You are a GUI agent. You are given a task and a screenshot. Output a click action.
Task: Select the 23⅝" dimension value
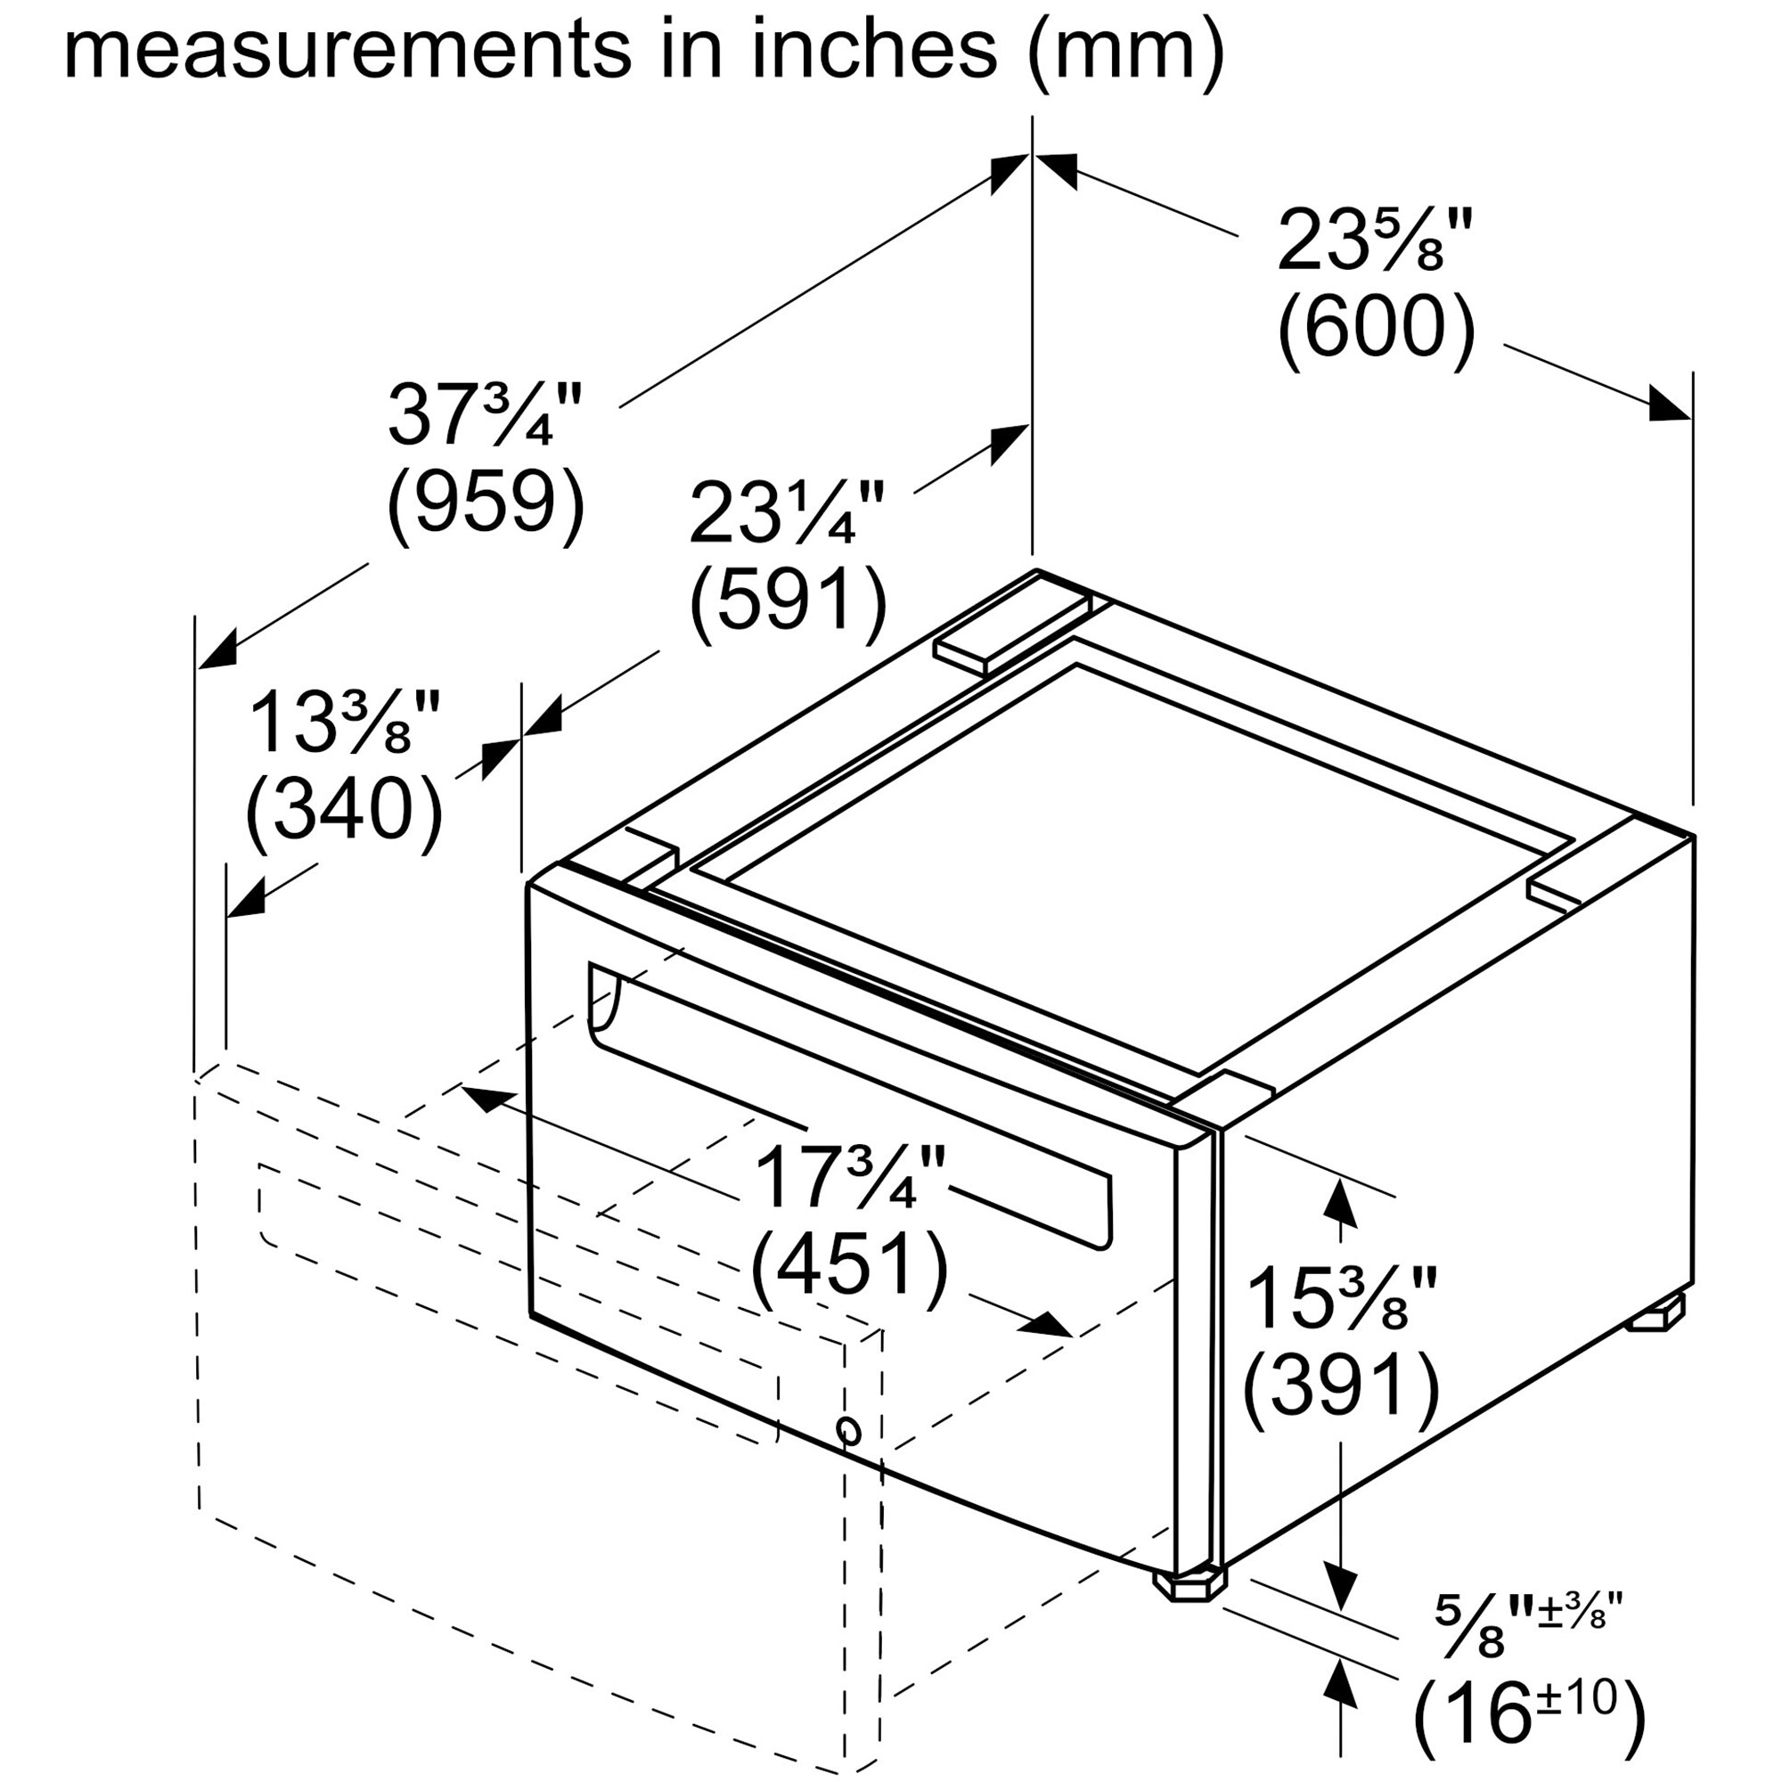coord(1374,241)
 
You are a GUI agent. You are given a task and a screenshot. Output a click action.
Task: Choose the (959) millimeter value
coord(486,502)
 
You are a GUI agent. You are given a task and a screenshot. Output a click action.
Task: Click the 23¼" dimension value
coord(787,514)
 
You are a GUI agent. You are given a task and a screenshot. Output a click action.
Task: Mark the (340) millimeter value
coord(344,810)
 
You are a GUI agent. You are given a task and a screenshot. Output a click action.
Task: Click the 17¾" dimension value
coord(849,1179)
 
